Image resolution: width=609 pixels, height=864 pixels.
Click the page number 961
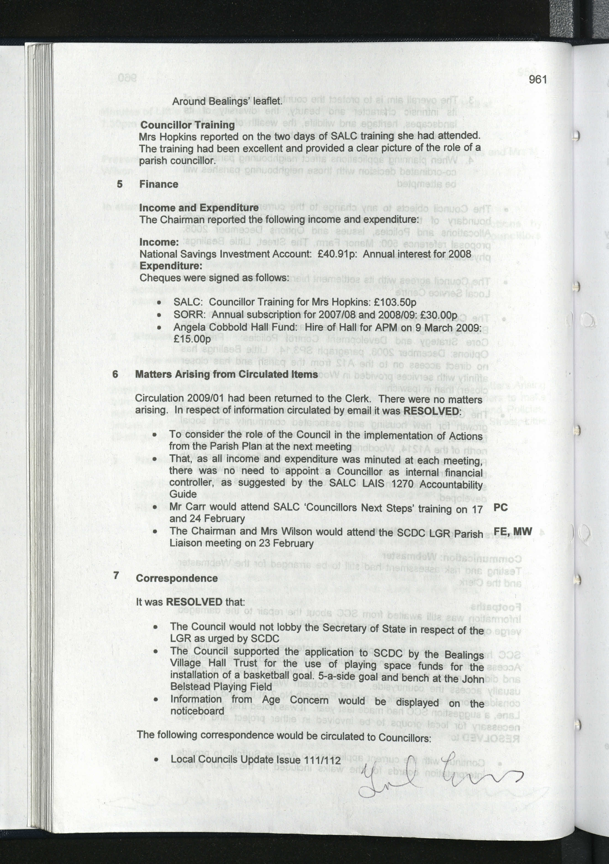(538, 79)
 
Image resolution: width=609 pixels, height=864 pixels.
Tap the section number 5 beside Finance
(120, 184)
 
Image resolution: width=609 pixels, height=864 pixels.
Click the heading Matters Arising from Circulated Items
(226, 374)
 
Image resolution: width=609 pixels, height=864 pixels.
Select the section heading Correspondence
(177, 578)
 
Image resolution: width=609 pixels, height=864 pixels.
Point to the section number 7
(116, 575)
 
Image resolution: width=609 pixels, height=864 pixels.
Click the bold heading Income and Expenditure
(199, 208)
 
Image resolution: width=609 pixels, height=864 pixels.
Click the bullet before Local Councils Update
(156, 760)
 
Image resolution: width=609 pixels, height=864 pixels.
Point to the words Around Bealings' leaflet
(227, 101)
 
